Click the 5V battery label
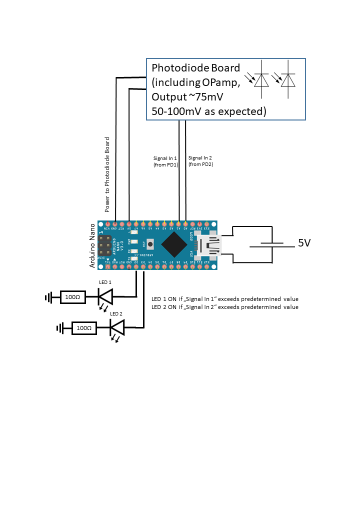(x=304, y=243)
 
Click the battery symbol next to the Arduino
(x=272, y=244)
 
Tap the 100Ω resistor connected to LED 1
(x=72, y=297)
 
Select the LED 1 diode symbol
(x=105, y=298)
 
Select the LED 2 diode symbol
(x=117, y=328)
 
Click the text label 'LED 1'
(x=105, y=282)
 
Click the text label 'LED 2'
(x=116, y=313)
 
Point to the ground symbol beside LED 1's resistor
(x=48, y=298)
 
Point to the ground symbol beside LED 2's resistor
(x=60, y=328)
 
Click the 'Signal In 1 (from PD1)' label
(x=165, y=161)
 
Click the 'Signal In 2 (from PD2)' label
(x=200, y=160)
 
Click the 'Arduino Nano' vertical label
(x=92, y=245)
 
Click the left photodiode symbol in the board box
(x=261, y=80)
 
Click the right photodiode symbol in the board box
(x=287, y=80)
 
